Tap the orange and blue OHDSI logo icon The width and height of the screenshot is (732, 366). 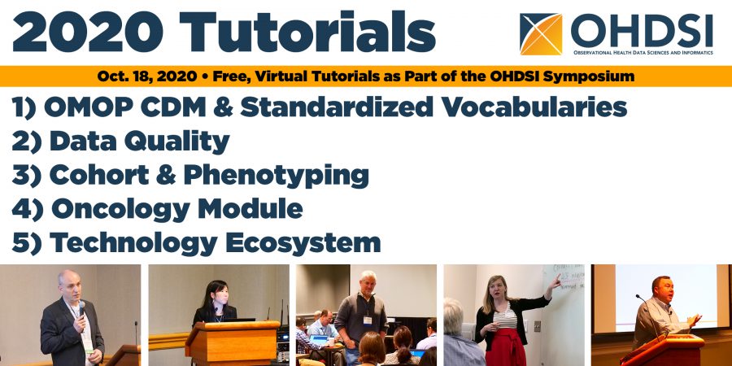click(x=541, y=33)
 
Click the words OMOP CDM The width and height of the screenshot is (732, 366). click(x=129, y=107)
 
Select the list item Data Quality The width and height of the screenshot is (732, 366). click(x=139, y=142)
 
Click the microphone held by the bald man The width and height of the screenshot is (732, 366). click(x=81, y=308)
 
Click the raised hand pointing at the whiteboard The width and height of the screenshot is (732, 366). click(x=556, y=281)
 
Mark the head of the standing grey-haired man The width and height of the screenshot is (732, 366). click(x=368, y=281)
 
